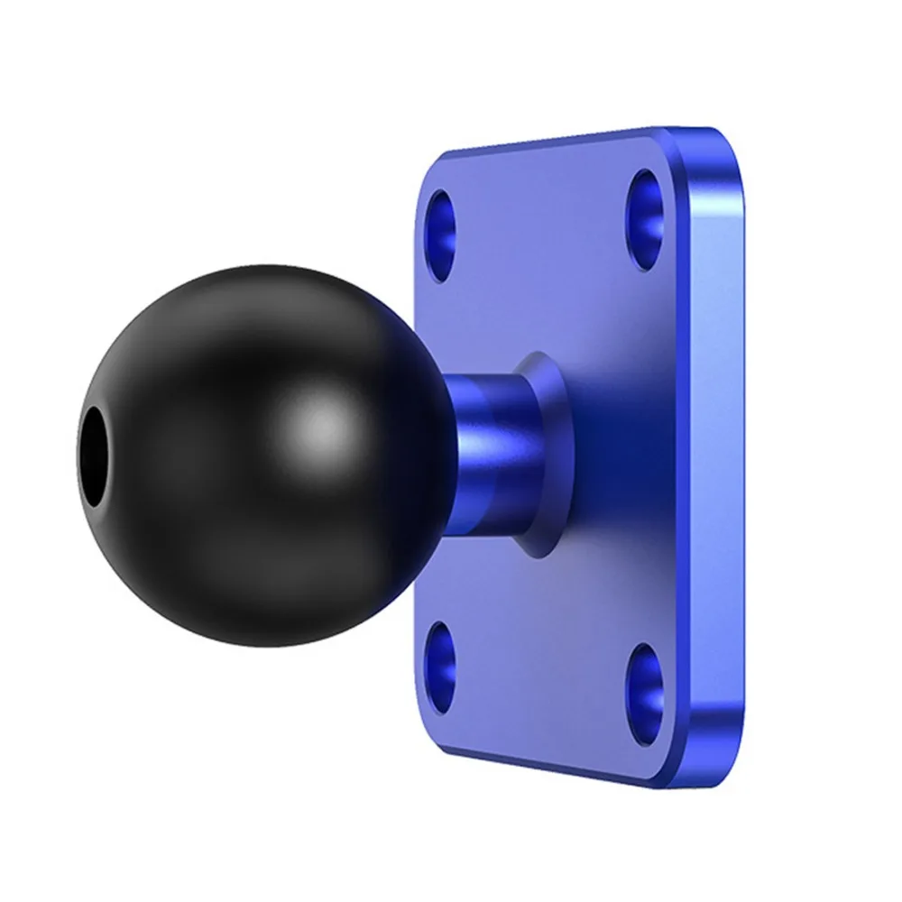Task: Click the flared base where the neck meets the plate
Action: [x=546, y=451]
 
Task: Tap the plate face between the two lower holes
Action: [x=541, y=676]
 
